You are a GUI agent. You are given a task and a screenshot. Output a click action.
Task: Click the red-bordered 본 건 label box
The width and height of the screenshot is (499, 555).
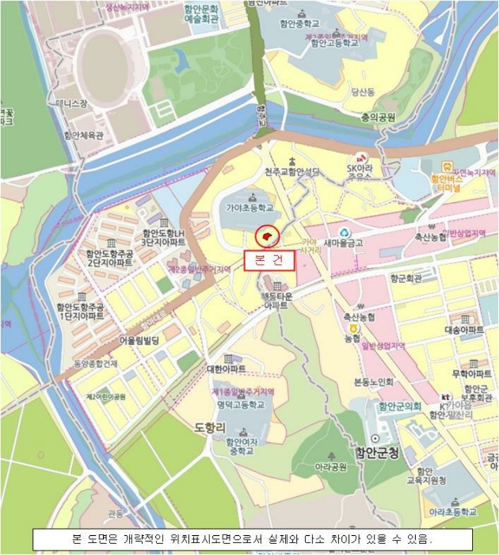[x=268, y=260]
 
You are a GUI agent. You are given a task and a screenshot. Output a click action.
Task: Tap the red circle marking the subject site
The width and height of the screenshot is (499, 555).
[x=267, y=235]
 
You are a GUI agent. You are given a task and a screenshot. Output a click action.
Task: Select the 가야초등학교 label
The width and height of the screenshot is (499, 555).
[x=249, y=208]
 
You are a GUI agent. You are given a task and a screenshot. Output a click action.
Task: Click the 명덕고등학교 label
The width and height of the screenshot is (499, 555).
[x=243, y=404]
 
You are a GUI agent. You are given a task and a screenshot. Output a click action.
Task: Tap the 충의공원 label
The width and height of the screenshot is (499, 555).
[x=375, y=117]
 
